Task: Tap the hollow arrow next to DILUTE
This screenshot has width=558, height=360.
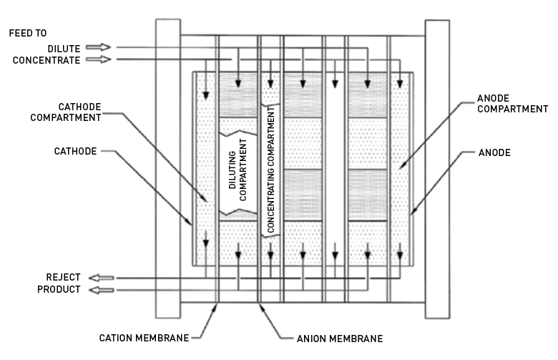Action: [x=98, y=48]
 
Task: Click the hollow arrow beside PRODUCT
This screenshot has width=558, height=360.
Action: [x=98, y=290]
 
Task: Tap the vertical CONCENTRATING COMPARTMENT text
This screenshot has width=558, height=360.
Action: [x=272, y=170]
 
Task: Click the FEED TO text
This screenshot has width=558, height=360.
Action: [x=27, y=33]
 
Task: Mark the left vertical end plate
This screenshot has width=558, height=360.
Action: [x=167, y=167]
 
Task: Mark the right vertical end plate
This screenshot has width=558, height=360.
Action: [x=436, y=167]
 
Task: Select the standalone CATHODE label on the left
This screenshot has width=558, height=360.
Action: [x=75, y=152]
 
